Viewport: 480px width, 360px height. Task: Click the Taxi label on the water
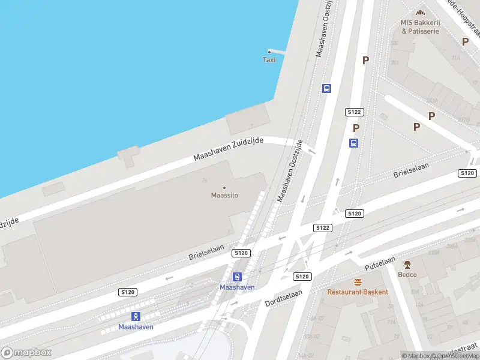point(269,59)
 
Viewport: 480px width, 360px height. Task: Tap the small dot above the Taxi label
point(269,52)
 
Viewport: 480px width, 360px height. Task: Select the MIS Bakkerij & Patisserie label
point(421,27)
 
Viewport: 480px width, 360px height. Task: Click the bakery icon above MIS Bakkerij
point(421,13)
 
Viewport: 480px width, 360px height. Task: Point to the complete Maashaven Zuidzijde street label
point(229,148)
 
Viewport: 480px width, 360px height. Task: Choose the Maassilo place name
point(224,195)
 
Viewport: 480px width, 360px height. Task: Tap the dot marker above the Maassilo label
point(224,188)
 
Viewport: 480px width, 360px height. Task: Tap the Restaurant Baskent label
point(358,292)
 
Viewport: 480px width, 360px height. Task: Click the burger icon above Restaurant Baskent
point(358,281)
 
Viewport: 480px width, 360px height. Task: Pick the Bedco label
point(407,275)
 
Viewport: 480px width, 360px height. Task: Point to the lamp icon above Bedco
point(407,265)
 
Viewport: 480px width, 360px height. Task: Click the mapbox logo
point(26,353)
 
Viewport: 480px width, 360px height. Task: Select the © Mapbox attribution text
point(417,356)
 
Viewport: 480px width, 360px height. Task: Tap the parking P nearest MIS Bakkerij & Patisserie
point(465,41)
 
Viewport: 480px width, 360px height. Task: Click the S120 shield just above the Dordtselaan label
point(302,277)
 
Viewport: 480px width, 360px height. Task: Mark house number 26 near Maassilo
point(205,179)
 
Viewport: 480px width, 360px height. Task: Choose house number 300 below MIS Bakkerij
point(394,44)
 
